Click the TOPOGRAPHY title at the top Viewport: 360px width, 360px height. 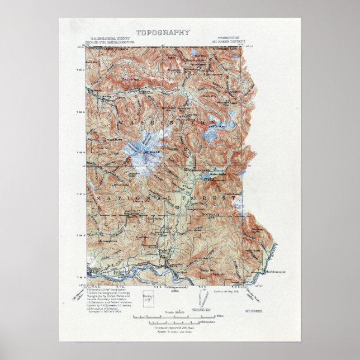[x=155, y=32]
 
